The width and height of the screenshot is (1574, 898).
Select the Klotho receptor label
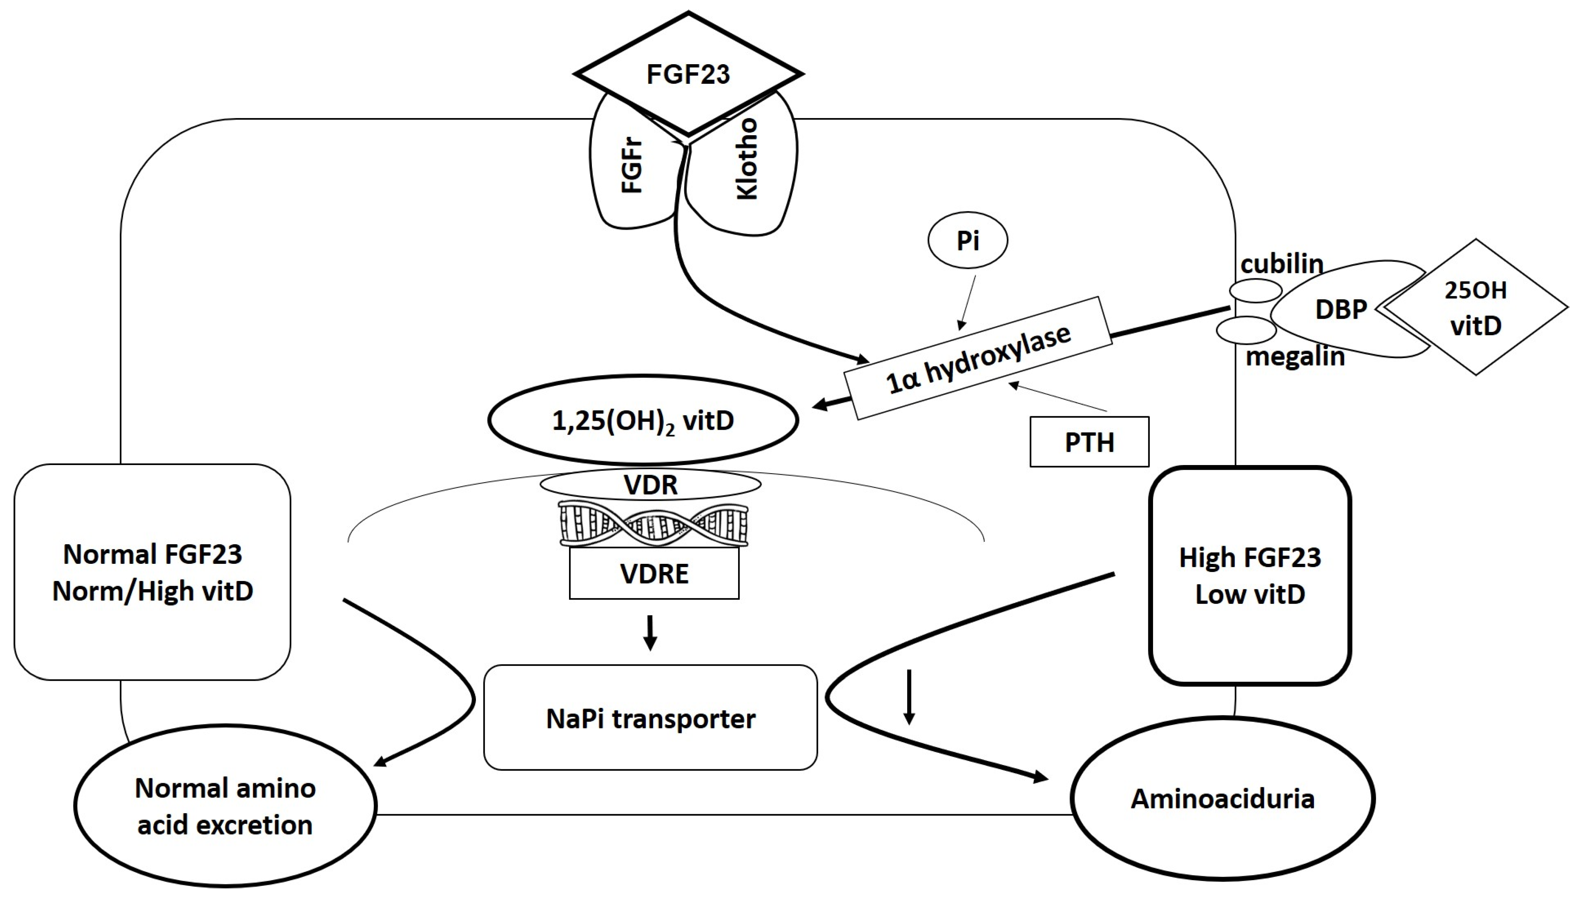(747, 159)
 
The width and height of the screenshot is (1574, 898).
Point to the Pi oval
(968, 240)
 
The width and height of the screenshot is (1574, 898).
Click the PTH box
(1089, 442)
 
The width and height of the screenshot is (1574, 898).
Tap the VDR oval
(651, 485)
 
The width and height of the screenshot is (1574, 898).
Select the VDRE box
(654, 573)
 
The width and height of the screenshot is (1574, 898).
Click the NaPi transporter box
(651, 717)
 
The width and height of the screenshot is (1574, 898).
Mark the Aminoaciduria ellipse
(1223, 799)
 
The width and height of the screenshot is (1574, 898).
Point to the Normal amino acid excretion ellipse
(225, 806)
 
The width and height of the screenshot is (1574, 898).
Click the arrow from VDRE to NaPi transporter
(650, 633)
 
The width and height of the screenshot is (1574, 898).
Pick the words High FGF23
(1250, 557)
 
